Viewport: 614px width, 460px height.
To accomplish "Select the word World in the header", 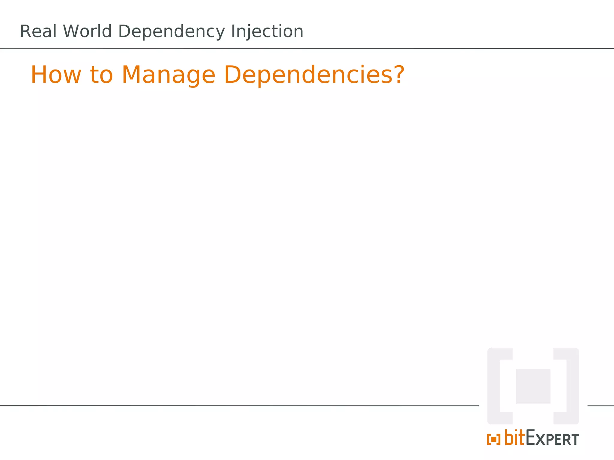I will (87, 31).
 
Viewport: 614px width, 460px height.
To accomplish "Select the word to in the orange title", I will (101, 75).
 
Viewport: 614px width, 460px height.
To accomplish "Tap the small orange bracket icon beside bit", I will (493, 440).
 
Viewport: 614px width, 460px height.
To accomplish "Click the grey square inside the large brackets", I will (533, 386).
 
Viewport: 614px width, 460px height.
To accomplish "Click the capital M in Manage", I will (131, 75).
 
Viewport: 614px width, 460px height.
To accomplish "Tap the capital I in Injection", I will (233, 31).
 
